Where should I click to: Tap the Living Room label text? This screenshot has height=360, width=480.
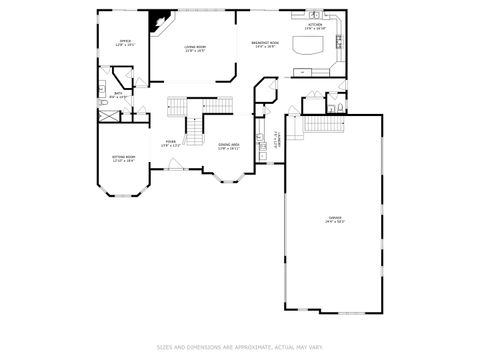coord(194,49)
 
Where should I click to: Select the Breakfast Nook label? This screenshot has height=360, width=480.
coord(264,45)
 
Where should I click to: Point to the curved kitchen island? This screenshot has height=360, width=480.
coord(308,47)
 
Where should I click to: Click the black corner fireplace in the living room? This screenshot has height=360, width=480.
coord(157,22)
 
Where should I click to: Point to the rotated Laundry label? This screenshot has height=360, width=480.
coord(276,141)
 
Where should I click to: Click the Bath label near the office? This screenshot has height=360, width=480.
coord(118,95)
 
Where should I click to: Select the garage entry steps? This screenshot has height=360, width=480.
coord(317,127)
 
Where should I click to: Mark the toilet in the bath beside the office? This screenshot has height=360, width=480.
coord(103,101)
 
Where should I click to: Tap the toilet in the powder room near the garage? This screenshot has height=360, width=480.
coord(341,106)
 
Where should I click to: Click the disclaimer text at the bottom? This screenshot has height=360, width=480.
coord(239,347)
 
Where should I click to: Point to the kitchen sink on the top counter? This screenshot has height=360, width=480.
coord(314,17)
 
